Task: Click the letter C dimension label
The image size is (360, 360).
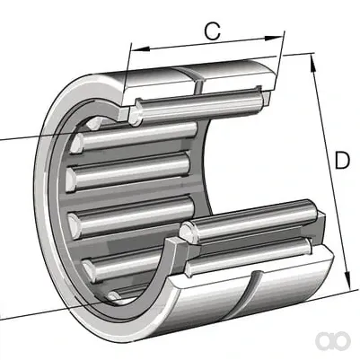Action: click(213, 31)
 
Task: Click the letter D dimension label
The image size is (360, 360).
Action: click(342, 160)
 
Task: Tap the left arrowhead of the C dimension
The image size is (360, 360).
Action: click(140, 49)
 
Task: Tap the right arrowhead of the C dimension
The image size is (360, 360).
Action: click(274, 38)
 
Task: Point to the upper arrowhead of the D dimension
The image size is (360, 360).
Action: click(313, 63)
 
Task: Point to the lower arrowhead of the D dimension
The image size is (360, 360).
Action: click(347, 280)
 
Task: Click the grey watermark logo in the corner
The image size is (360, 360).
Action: click(333, 340)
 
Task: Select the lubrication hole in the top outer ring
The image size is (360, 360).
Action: click(198, 86)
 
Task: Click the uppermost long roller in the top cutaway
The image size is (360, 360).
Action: click(199, 105)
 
